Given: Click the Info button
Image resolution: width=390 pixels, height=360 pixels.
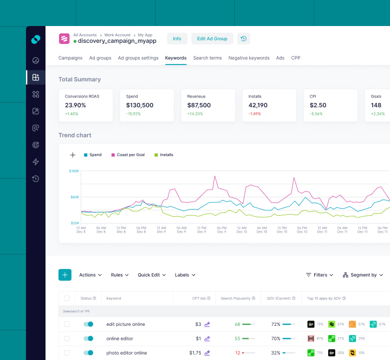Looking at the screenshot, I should [177, 38].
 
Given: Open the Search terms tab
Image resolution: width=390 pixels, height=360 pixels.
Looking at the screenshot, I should [207, 58].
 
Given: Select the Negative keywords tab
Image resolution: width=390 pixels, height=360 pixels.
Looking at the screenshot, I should [249, 58].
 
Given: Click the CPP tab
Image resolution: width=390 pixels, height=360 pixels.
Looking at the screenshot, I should [296, 58].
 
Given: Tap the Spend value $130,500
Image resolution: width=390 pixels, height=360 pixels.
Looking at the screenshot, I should [140, 105].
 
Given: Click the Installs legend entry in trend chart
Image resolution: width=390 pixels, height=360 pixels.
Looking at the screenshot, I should [164, 155].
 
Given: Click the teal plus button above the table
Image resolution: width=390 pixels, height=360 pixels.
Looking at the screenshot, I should [65, 275].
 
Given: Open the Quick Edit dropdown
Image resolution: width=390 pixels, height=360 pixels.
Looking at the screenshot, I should [152, 275].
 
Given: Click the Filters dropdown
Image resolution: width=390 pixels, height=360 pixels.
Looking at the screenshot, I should [320, 275].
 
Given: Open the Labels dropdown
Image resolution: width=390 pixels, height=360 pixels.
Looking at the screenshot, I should [185, 275].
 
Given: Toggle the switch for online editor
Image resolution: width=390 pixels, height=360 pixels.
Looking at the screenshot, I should [88, 339].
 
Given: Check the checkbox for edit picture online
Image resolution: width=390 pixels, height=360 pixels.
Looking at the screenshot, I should [67, 324].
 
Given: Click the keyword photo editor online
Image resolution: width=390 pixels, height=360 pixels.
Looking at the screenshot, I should [126, 353].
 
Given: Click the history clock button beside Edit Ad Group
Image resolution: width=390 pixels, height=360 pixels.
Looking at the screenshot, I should [244, 38].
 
